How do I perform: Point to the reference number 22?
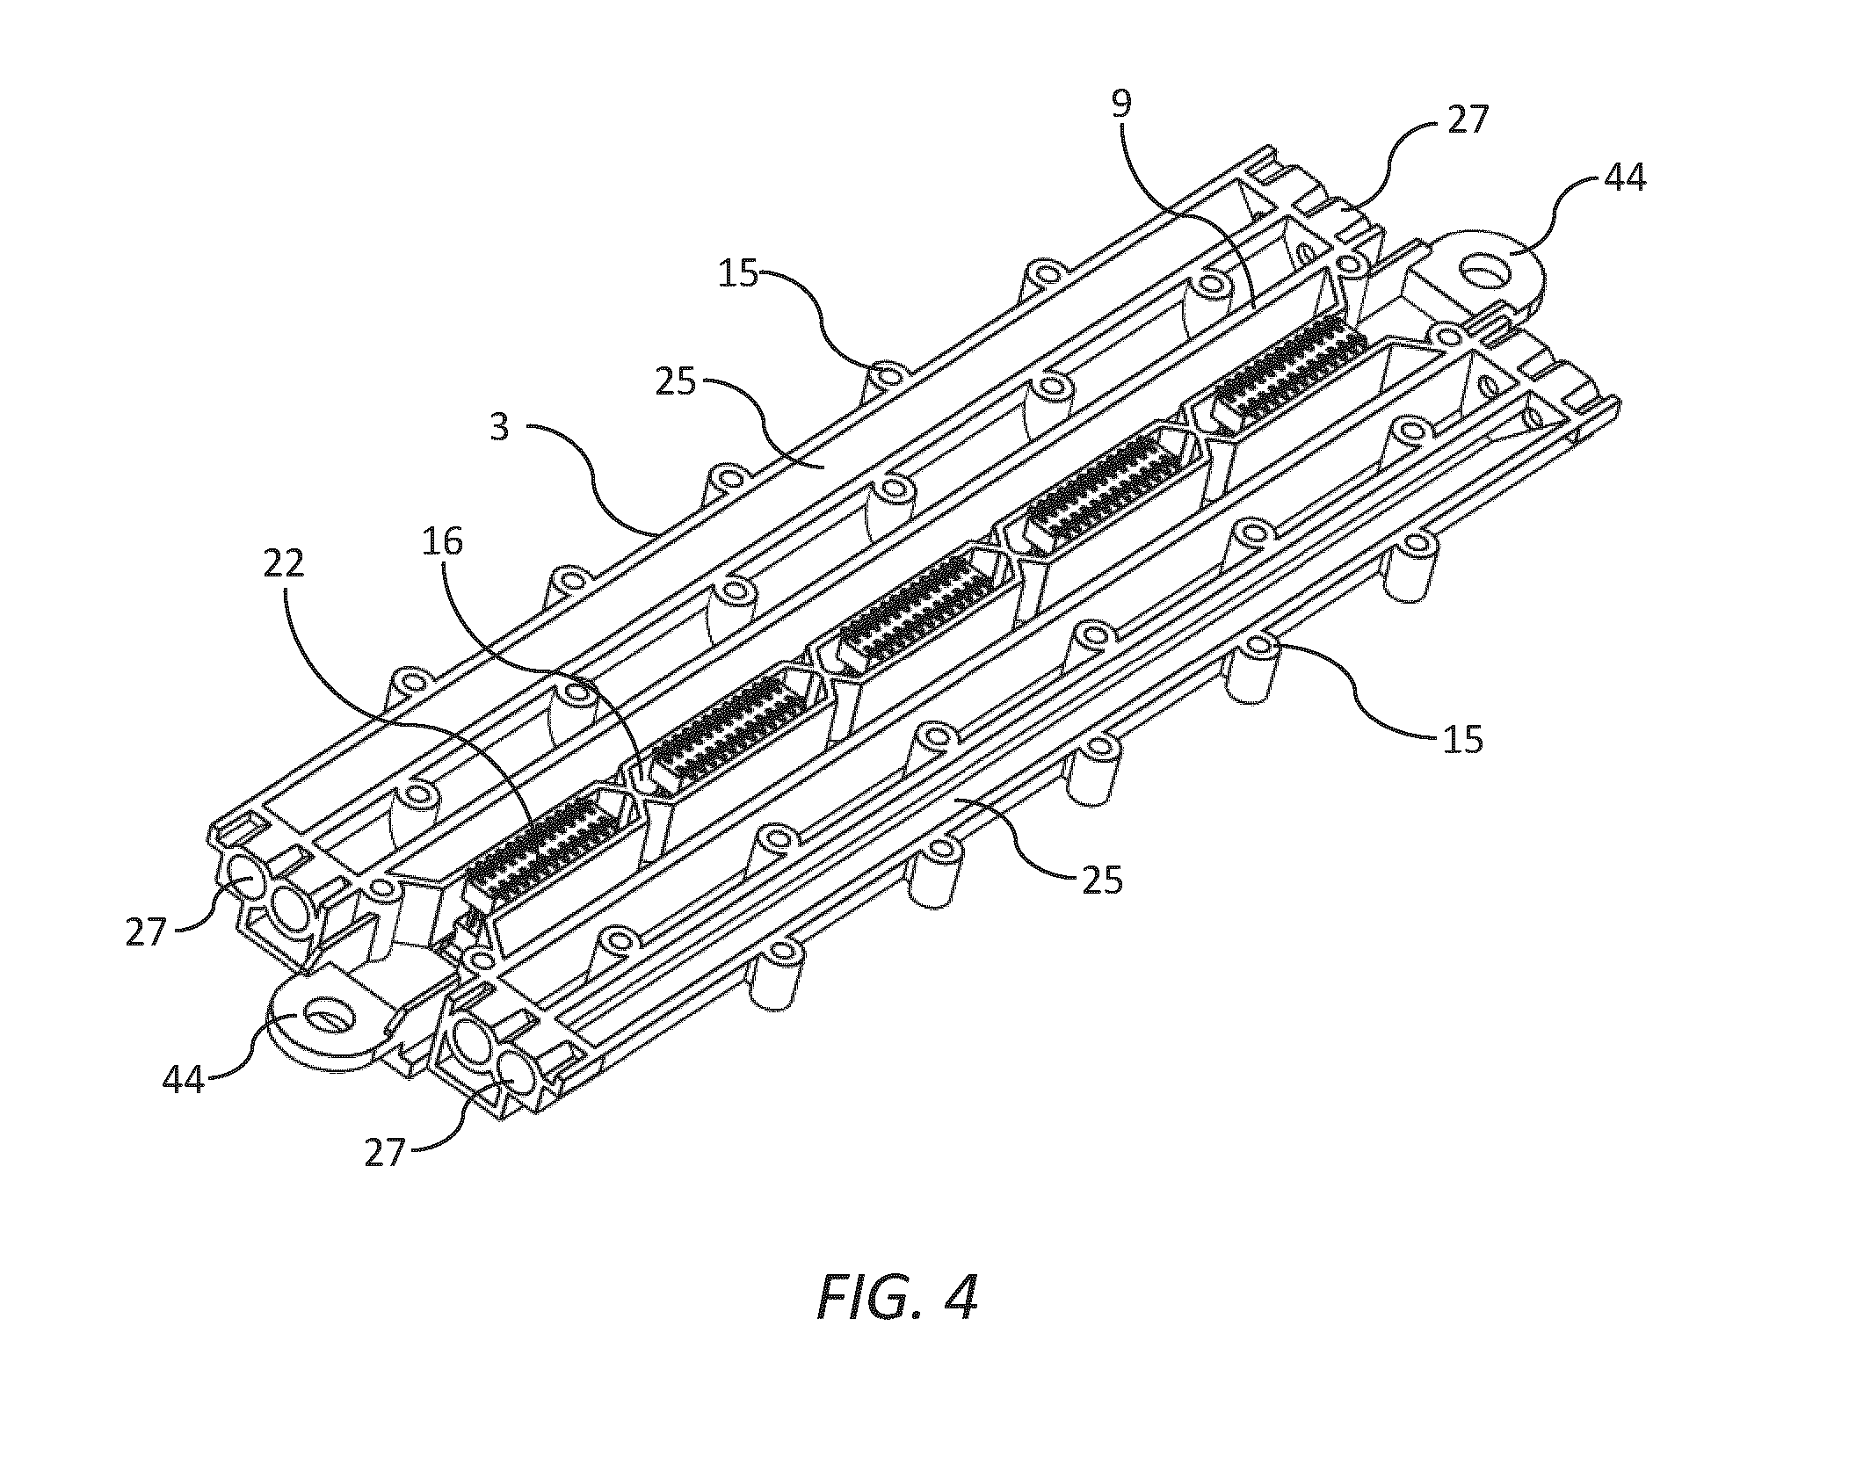click(x=283, y=563)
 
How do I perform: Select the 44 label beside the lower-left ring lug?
click(x=184, y=1079)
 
